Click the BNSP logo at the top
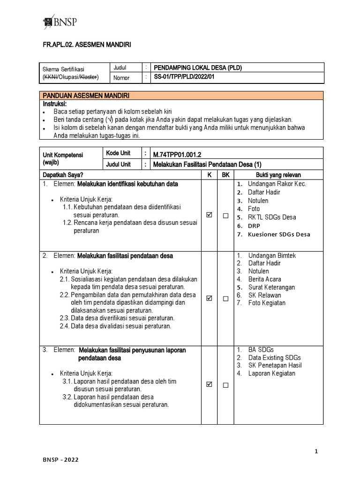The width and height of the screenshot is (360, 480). pos(60,22)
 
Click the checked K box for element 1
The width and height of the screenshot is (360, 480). pos(209,215)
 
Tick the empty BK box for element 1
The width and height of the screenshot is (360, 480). pos(225,216)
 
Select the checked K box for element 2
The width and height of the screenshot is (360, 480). pos(209,298)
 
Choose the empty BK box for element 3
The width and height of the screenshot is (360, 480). pos(225,385)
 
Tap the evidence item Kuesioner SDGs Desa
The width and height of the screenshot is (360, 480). pos(278,234)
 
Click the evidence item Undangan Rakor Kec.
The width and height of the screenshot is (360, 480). pos(277,184)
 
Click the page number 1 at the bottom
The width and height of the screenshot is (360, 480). pos(316,451)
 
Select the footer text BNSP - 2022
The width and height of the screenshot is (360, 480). pos(59,460)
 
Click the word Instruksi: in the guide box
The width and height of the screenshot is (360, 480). pos(55,103)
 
